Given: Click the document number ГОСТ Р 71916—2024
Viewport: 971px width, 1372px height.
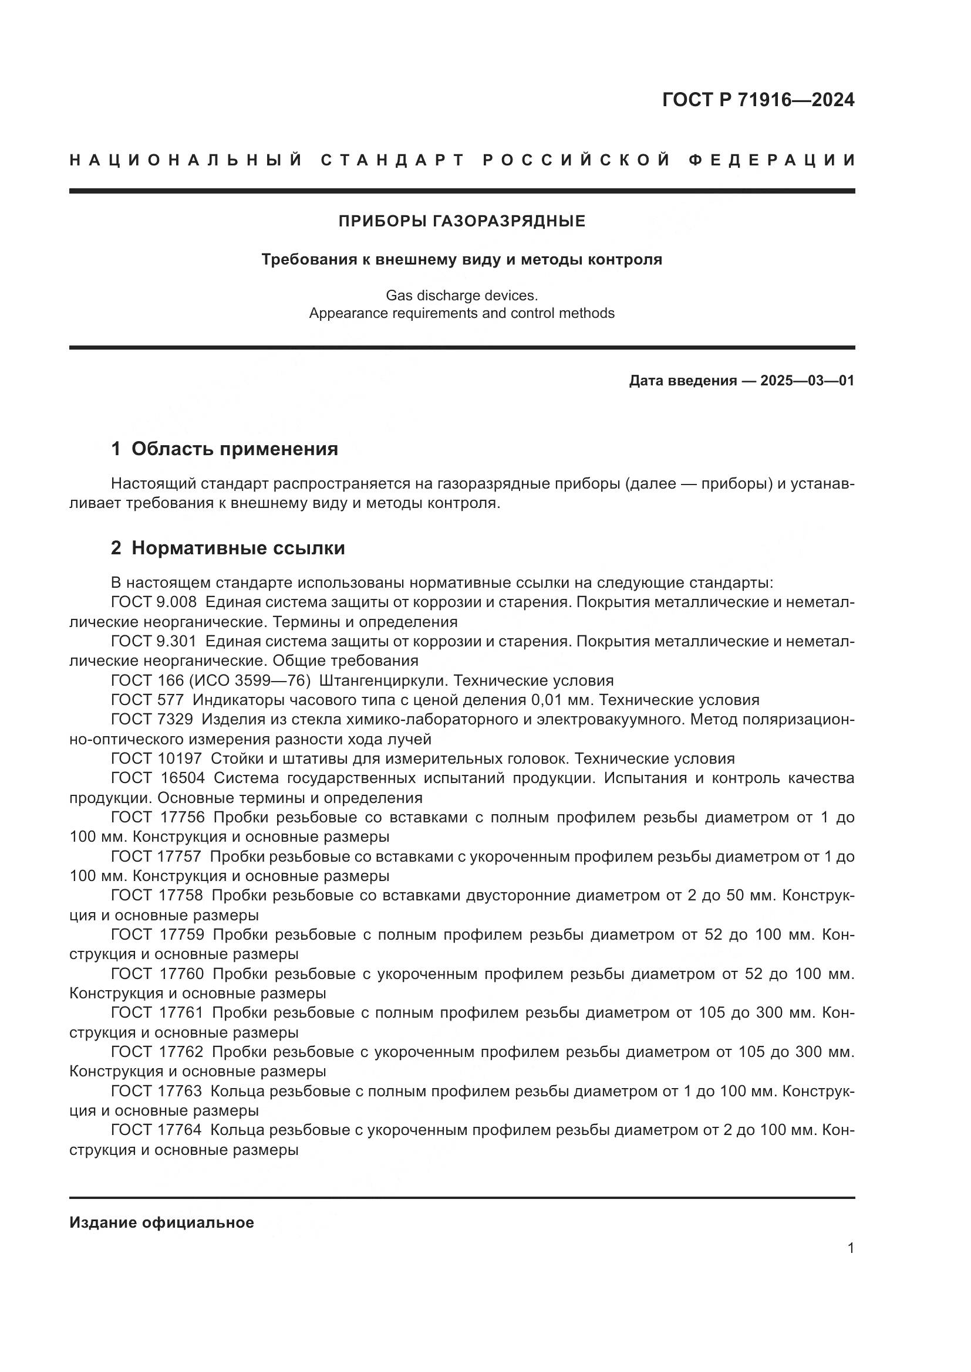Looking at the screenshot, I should tap(757, 100).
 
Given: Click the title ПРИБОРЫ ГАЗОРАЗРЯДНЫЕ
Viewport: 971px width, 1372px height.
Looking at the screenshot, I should tap(461, 222).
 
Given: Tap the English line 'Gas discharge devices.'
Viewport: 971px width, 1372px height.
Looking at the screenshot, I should tap(461, 295).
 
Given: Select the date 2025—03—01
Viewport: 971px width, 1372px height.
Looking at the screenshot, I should tap(807, 381).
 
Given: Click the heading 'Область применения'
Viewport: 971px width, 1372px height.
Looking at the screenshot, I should tap(234, 449).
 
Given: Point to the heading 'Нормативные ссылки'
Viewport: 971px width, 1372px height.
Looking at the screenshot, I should tap(238, 548).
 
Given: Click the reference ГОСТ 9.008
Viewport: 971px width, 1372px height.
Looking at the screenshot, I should tap(154, 602).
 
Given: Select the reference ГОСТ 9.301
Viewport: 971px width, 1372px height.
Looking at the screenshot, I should tap(154, 642).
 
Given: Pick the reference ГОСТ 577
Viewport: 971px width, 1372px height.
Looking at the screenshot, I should tap(147, 700).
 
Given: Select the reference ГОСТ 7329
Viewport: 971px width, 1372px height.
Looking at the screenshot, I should tap(152, 720).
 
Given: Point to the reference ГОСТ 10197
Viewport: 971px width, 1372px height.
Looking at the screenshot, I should tap(157, 759).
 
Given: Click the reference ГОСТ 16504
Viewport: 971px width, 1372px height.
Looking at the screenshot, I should tap(158, 778).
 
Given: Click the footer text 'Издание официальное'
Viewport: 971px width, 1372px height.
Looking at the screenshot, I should tap(161, 1222).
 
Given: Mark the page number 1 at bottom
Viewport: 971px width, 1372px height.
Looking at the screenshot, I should tap(850, 1248).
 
